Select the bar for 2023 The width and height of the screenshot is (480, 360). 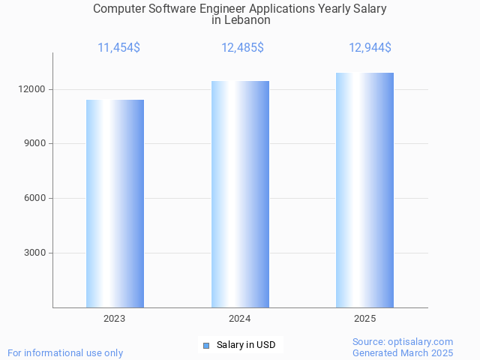(x=115, y=203)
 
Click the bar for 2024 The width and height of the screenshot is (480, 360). (x=240, y=194)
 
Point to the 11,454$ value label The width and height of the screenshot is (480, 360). (x=118, y=48)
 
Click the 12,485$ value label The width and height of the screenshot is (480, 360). (x=242, y=48)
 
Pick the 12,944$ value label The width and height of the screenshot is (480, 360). (x=370, y=48)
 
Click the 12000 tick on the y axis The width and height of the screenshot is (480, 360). (x=33, y=89)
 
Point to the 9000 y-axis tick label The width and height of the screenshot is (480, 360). (x=35, y=144)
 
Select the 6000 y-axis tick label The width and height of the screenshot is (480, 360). (x=35, y=199)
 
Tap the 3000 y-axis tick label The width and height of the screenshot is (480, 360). (x=35, y=253)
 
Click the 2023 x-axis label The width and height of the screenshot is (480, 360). (x=115, y=319)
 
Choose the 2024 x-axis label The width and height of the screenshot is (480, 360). (x=240, y=319)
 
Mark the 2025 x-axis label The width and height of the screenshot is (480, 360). (x=364, y=319)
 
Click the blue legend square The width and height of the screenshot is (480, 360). (x=206, y=346)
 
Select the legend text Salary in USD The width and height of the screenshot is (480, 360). (x=246, y=345)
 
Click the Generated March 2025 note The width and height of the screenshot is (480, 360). (x=403, y=352)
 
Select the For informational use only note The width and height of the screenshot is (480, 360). (x=65, y=352)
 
